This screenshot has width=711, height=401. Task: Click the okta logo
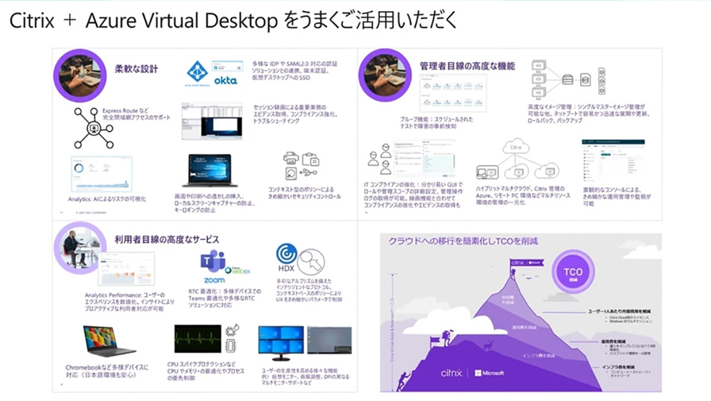pos(226,80)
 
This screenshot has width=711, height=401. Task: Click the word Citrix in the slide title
pos(31,21)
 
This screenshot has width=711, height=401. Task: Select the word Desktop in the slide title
pos(234,21)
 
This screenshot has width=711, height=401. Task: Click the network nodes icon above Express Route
pos(93,126)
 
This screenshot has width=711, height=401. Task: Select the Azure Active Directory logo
pos(198,73)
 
